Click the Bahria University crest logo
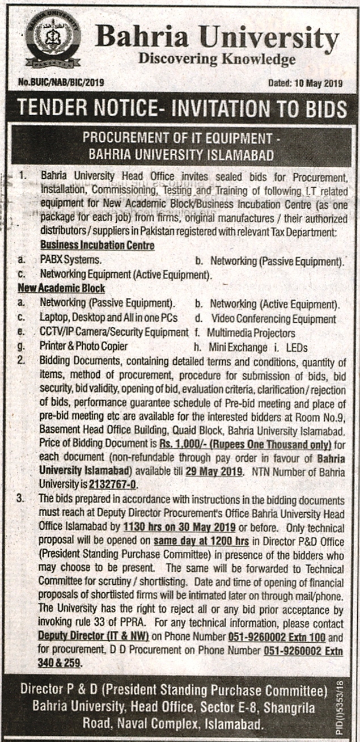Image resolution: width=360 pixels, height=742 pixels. (53, 40)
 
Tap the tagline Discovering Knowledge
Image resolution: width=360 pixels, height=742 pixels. (217, 59)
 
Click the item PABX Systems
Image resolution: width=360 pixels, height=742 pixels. (71, 261)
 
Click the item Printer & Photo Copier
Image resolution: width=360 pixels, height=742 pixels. (84, 346)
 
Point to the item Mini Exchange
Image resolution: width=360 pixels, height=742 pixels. (237, 346)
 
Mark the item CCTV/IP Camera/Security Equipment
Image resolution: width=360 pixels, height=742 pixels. (113, 332)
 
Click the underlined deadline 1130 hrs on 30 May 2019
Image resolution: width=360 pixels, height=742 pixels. (172, 525)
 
